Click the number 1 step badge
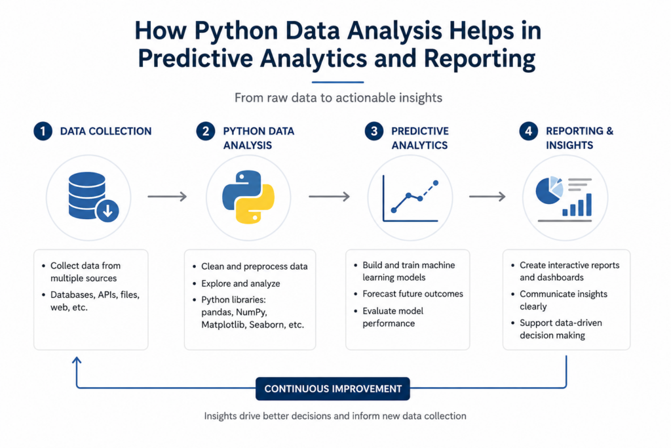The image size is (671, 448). pyautogui.click(x=43, y=131)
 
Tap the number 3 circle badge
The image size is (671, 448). pyautogui.click(x=374, y=131)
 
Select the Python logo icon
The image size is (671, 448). pyautogui.click(x=248, y=197)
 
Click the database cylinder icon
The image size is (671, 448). pyautogui.click(x=87, y=195)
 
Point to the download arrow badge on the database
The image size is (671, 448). pyautogui.click(x=107, y=211)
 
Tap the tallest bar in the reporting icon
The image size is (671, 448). pyautogui.click(x=588, y=204)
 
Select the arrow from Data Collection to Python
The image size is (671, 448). pyautogui.click(x=167, y=197)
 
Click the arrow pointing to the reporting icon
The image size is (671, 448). pyautogui.click(x=488, y=197)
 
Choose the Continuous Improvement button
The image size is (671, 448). pyautogui.click(x=332, y=389)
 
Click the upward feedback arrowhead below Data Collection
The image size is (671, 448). pyautogui.click(x=77, y=361)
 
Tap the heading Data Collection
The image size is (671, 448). pyautogui.click(x=105, y=131)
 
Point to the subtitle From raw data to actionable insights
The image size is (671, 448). pyautogui.click(x=338, y=98)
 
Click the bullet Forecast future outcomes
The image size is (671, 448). pyautogui.click(x=413, y=294)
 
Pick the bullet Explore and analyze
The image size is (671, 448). pyautogui.click(x=240, y=283)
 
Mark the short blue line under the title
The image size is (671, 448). pyautogui.click(x=337, y=82)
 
